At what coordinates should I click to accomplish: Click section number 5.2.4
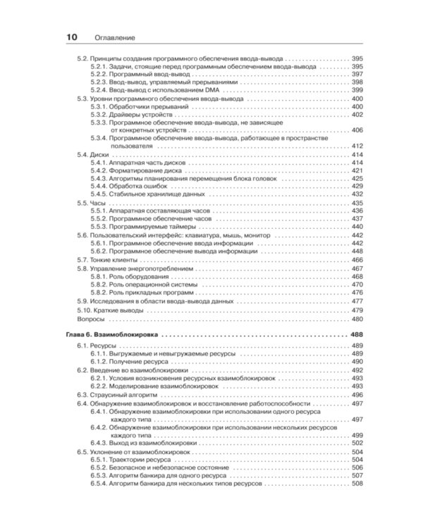(101, 91)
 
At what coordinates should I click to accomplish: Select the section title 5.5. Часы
(90, 203)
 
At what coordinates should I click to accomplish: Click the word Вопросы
(90, 318)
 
